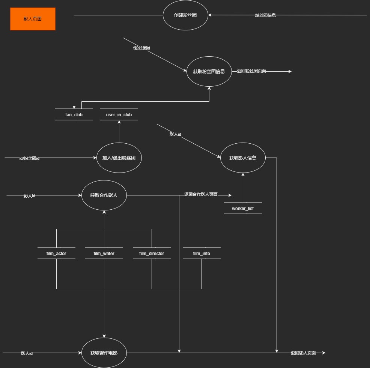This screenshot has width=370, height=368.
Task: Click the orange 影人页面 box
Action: pos(33,19)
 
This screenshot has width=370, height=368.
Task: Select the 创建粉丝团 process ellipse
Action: pos(185,15)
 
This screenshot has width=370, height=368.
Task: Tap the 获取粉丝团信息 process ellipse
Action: pos(209,71)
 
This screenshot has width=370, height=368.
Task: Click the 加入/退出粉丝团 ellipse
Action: pos(119,158)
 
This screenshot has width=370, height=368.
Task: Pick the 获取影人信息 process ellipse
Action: pos(243,158)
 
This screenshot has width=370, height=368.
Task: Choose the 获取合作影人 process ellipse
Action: pos(104,195)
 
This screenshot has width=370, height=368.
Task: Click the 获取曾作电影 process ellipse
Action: pos(104,353)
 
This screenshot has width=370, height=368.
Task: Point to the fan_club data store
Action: pos(74,114)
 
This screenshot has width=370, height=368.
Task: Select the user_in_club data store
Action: pos(119,114)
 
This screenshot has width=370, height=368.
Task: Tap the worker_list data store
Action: pos(243,208)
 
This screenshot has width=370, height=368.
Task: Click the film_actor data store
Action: pos(56,253)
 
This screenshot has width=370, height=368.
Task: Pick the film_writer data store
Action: pos(104,253)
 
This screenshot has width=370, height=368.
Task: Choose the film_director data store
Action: pos(152,253)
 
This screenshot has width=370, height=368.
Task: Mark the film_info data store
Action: pos(202,253)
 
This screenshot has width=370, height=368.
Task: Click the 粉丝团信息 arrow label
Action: pos(265,15)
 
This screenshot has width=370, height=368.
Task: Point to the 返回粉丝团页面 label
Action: pos(251,71)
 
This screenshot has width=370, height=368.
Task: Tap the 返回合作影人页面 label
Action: pos(201,195)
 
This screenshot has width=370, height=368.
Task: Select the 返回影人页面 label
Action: pos(303,353)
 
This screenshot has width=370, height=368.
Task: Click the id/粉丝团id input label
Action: pos(29,158)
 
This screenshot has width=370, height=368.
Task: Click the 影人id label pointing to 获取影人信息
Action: pos(175,134)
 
